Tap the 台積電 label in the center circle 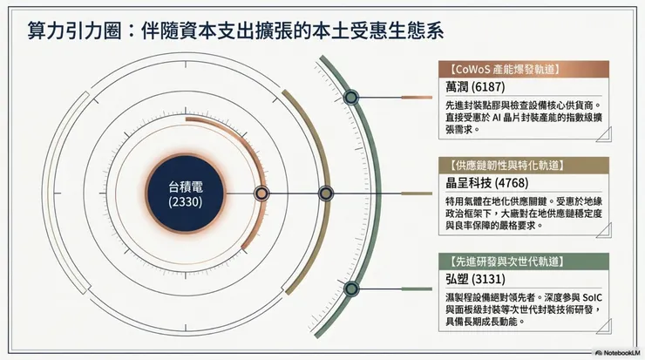pyautogui.click(x=186, y=186)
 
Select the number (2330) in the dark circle pyautogui.click(x=186, y=201)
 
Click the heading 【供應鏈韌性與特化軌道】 pyautogui.click(x=504, y=164)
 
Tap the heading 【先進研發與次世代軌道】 pyautogui.click(x=504, y=260)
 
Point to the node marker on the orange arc pyautogui.click(x=260, y=194)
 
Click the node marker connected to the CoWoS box pyautogui.click(x=352, y=98)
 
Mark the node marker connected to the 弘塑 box pyautogui.click(x=352, y=289)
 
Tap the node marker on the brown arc pyautogui.click(x=325, y=194)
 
